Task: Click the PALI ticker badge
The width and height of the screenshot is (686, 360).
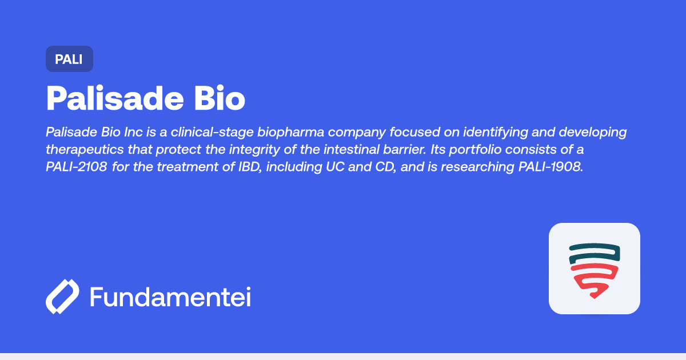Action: tap(69, 59)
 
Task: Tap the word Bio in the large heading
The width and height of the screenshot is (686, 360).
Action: tap(220, 98)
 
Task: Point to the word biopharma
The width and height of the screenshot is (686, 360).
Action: tap(290, 133)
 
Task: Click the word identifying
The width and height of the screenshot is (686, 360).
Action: tap(496, 133)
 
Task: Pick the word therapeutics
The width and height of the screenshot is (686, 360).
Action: tap(85, 150)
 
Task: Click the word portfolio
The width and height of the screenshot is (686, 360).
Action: tap(475, 150)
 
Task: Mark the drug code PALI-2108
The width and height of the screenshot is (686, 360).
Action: tap(76, 167)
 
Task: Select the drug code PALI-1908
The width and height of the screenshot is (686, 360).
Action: tap(551, 167)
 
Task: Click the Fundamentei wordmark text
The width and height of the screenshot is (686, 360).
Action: tap(170, 297)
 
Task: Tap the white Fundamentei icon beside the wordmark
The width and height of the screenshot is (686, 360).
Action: tap(62, 297)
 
